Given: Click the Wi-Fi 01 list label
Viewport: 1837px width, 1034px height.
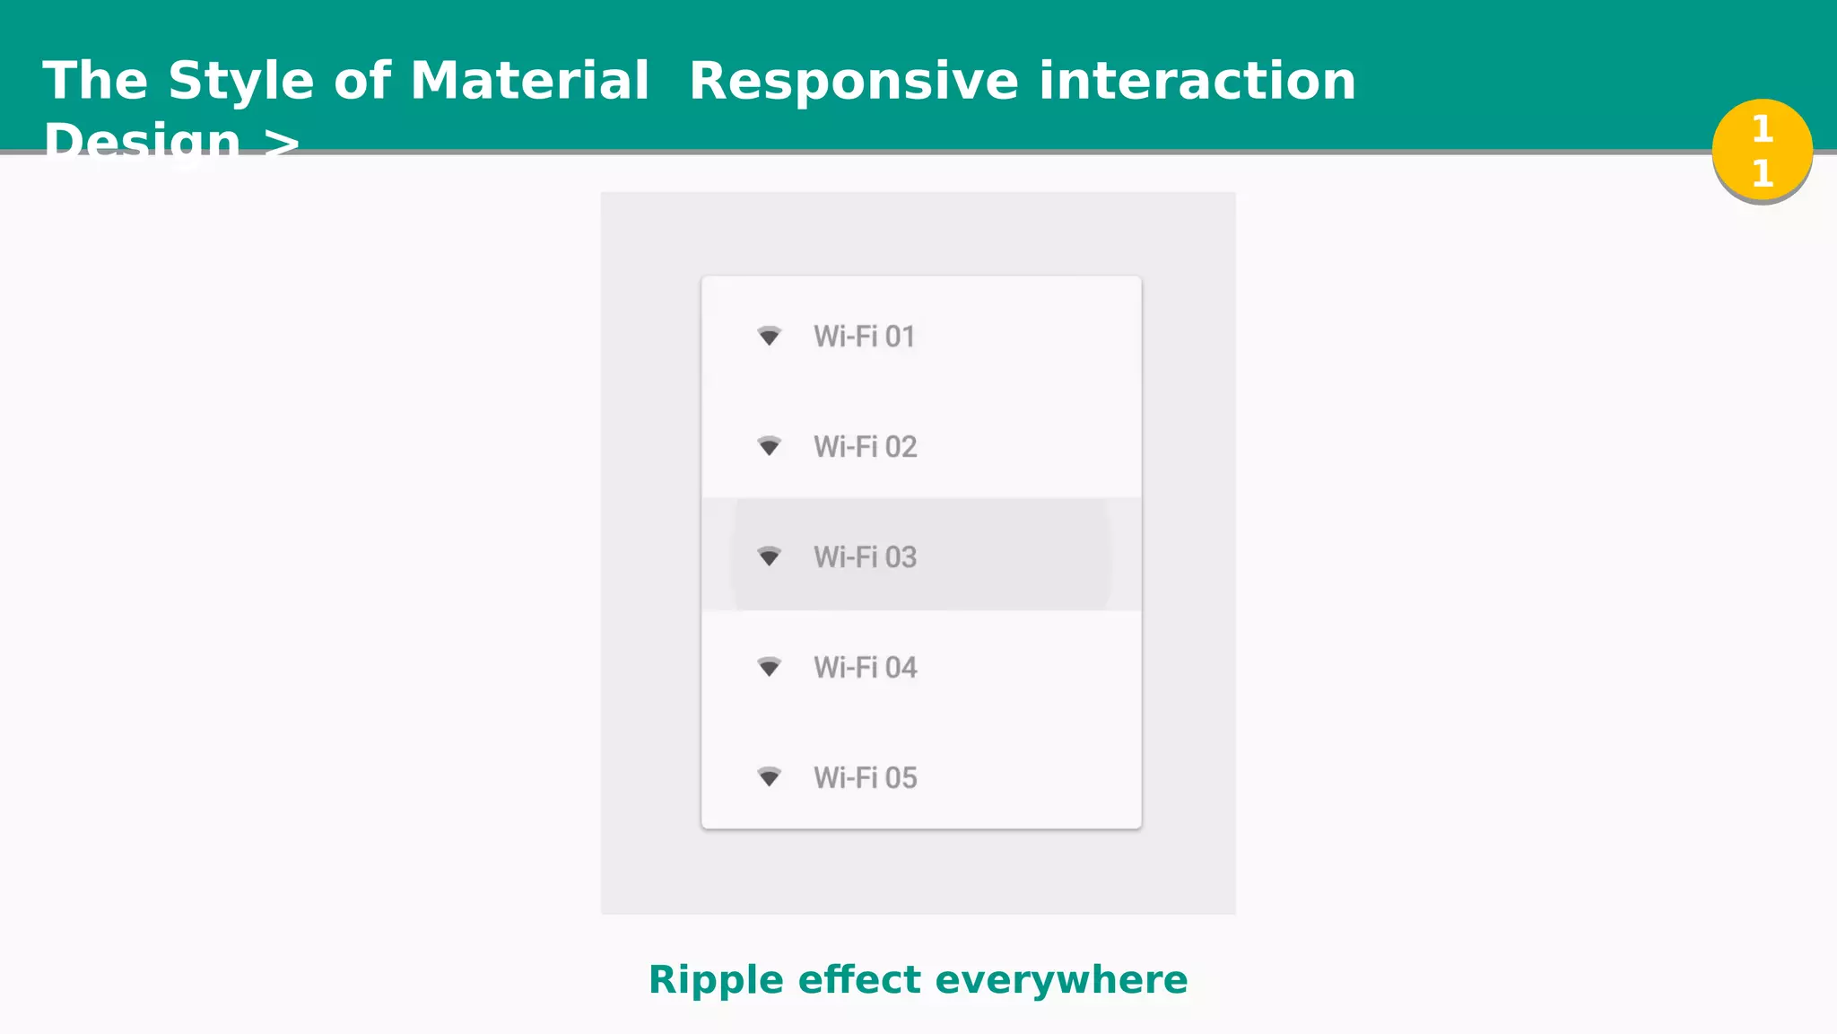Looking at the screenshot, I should click(x=864, y=337).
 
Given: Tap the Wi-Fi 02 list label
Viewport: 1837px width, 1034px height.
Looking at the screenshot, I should click(x=865, y=447).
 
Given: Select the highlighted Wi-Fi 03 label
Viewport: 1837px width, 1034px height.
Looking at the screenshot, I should click(x=865, y=557).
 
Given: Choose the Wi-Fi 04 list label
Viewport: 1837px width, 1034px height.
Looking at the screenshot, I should click(x=865, y=668).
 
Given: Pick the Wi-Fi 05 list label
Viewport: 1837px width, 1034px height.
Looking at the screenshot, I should click(x=865, y=778).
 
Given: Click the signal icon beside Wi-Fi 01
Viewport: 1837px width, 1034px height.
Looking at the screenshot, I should click(x=769, y=337).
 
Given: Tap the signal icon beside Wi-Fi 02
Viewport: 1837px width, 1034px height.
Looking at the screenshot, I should click(x=769, y=446).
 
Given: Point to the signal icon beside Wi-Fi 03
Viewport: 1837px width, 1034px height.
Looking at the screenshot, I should click(x=769, y=556).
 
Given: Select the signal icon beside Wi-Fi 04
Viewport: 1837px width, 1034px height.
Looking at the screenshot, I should click(x=769, y=667).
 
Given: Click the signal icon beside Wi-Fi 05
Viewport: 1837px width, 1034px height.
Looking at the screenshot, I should click(x=769, y=776).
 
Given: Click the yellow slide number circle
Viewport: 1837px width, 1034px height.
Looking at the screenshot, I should click(x=1762, y=150).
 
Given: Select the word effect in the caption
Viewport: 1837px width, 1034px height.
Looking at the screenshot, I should click(x=860, y=980).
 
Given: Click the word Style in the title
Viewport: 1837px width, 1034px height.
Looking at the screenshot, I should click(x=241, y=81).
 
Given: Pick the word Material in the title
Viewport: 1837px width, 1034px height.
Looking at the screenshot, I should click(x=529, y=81).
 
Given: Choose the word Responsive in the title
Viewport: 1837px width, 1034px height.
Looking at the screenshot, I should click(x=853, y=81).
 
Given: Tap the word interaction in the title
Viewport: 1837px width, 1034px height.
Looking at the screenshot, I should click(x=1197, y=81).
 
